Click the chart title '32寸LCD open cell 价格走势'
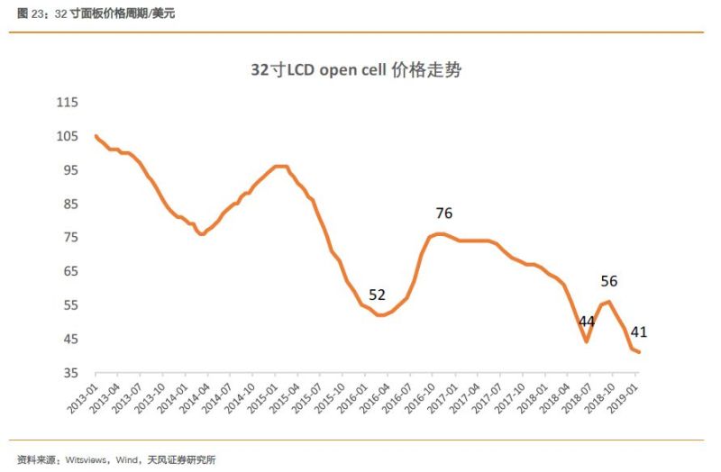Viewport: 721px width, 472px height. click(356, 70)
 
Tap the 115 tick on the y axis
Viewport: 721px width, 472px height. click(68, 103)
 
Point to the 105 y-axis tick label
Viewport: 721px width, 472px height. click(68, 136)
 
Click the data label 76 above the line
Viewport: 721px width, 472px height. click(443, 213)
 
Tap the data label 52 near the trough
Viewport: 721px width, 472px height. click(377, 295)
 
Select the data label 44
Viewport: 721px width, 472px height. click(587, 322)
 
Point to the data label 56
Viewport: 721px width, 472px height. click(608, 280)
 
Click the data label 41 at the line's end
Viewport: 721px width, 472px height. click(639, 331)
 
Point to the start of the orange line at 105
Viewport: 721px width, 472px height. click(96, 136)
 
